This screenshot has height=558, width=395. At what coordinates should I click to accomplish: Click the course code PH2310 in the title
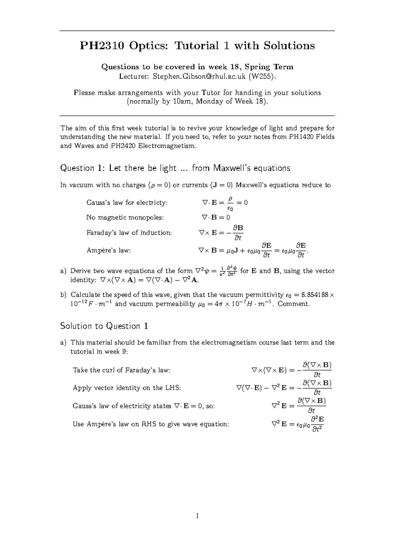click(x=102, y=45)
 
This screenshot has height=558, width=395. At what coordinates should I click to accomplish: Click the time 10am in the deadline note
click(x=181, y=101)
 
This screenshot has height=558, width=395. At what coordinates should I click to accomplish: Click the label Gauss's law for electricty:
click(x=127, y=203)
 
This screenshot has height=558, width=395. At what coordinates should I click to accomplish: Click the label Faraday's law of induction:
click(x=129, y=233)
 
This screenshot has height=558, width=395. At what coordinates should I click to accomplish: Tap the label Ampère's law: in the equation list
click(x=109, y=250)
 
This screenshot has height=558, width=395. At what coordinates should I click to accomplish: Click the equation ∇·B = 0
click(x=216, y=217)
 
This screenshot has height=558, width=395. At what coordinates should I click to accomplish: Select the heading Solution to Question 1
click(x=104, y=326)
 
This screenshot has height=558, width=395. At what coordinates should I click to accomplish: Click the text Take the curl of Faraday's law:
click(x=122, y=370)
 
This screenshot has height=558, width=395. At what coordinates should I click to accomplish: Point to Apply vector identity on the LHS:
click(x=127, y=388)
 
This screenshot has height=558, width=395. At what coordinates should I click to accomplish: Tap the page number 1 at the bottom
click(x=197, y=516)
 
